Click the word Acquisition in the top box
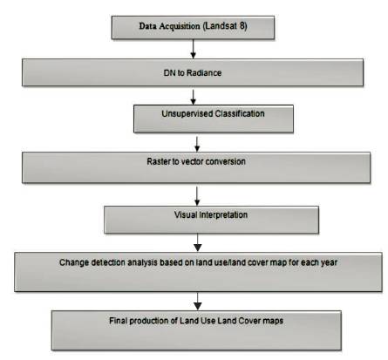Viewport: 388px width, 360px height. [180, 26]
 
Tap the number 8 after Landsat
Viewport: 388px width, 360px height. [242, 25]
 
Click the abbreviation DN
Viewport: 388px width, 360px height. [169, 72]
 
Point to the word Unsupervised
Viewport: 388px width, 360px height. [185, 113]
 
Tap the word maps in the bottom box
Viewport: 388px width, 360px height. [273, 321]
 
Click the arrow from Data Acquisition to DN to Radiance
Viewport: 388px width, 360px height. [193, 49]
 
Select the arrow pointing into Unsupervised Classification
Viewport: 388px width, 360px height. [193, 97]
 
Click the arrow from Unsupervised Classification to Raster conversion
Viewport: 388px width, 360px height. [197, 144]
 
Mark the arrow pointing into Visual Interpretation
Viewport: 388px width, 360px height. [197, 196]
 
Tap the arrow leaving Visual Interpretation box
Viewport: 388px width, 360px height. [198, 242]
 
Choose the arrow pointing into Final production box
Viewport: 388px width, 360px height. [198, 301]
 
